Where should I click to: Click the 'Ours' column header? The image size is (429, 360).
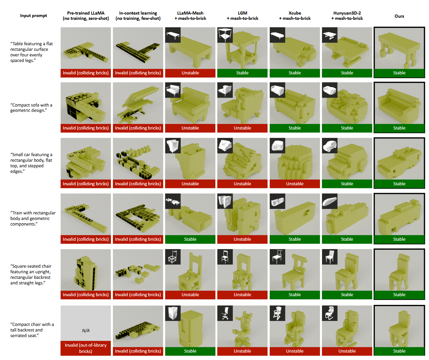pos(399,16)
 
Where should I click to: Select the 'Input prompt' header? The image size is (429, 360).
pos(33,15)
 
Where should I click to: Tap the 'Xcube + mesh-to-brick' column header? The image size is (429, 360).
pos(295,15)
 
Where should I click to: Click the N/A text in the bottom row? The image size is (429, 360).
pos(86,331)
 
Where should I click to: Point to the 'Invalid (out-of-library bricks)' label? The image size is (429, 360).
pos(86,348)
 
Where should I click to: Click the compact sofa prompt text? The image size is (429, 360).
pos(31,108)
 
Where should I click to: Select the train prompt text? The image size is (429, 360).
pos(33,218)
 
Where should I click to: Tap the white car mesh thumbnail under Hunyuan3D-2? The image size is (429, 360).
pos(329,146)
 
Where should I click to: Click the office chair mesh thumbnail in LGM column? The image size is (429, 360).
pos(225,313)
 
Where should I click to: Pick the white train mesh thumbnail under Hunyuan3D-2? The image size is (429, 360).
pos(329,201)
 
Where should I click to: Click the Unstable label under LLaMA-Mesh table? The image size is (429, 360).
pos(190,73)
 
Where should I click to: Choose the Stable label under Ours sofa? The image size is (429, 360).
pos(399,128)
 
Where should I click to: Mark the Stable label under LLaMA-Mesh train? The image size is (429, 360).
pos(190,239)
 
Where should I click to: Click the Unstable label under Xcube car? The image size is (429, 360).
pos(295,184)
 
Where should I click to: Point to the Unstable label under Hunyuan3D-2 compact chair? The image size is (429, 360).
pos(347,351)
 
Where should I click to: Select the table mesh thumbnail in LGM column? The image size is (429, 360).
pos(225,35)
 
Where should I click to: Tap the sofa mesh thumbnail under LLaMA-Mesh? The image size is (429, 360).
pos(173,90)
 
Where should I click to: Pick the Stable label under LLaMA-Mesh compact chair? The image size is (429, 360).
pos(190,351)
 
